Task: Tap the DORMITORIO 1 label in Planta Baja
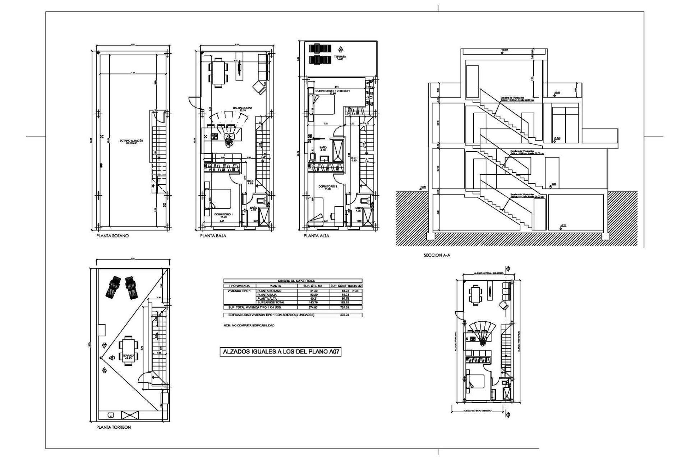224,215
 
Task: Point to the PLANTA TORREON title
114,428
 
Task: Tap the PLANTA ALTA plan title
316,236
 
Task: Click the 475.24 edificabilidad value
344,315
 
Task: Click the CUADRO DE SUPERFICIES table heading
293,281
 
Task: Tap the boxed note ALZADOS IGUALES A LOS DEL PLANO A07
280,352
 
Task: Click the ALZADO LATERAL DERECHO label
477,410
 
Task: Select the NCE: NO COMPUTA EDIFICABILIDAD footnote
249,325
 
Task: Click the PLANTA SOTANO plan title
112,236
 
